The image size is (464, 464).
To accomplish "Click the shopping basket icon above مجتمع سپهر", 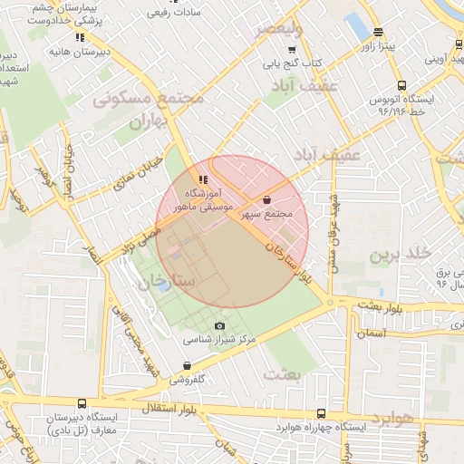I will tap(266, 199).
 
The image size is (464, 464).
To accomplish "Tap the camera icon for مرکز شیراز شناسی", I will tap(219, 326).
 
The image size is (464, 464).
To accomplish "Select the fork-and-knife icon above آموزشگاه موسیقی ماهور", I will tap(203, 179).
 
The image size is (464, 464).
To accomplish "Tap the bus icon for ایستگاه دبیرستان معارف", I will tap(82, 404).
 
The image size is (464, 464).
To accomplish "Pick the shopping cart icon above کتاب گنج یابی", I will tap(291, 50).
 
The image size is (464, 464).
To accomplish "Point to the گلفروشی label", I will tap(193, 378).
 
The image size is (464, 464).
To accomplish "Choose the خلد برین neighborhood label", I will tap(398, 255).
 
